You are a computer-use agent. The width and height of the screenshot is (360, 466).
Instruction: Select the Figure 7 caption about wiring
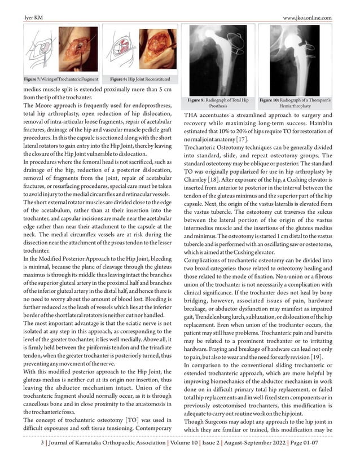click(60, 80)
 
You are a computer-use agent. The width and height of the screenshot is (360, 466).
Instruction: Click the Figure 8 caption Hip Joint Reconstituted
click(139, 80)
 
